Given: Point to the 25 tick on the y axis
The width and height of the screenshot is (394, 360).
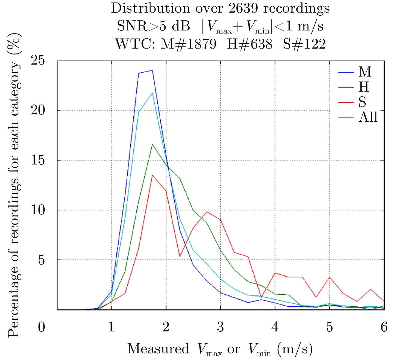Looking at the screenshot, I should tap(38, 61).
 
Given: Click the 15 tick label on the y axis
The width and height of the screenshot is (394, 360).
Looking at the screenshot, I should tap(38, 160).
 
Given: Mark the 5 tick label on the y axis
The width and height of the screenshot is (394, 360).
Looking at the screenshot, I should tap(41, 260).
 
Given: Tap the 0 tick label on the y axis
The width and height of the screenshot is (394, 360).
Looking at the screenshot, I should tap(41, 327).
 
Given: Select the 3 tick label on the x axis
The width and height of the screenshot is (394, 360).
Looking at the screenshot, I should tap(220, 327).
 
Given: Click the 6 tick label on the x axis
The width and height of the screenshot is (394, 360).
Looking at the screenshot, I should tap(384, 327).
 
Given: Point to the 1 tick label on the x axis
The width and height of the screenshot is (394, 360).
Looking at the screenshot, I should tap(111, 327).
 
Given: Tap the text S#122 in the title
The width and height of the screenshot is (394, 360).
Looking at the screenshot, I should tap(304, 44).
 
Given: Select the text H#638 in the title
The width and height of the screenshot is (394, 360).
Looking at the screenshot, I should tap(250, 44).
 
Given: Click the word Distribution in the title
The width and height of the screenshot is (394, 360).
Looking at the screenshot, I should tap(150, 8).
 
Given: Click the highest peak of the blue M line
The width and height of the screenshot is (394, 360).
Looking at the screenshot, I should tap(152, 70).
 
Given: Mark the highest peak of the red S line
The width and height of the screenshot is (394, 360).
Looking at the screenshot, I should tap(152, 175).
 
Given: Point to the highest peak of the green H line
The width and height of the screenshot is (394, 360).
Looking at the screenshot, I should tap(152, 144).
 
